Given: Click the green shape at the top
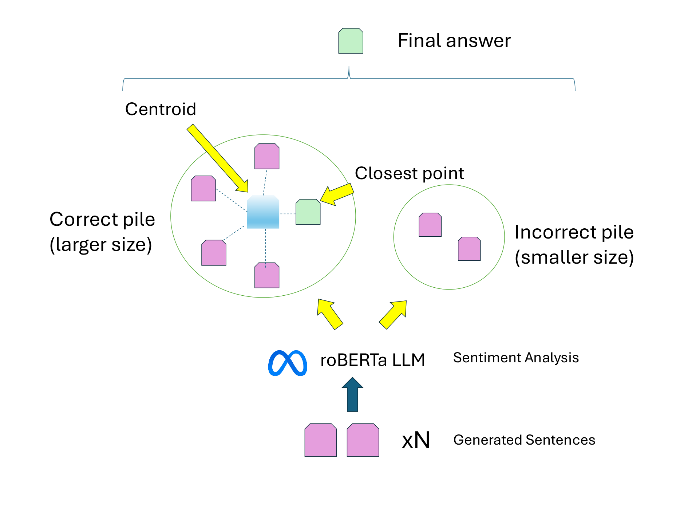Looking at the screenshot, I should [351, 41].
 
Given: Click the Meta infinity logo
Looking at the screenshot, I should [288, 363].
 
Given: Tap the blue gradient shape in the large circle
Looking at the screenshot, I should [263, 212].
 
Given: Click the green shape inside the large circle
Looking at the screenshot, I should [308, 212].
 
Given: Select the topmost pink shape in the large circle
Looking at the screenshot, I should [267, 157].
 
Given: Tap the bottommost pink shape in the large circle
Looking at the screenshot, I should [267, 276].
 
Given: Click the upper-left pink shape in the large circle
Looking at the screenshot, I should [203, 189].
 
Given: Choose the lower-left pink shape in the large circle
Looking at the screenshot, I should [214, 253].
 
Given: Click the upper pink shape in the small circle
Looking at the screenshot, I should [430, 225].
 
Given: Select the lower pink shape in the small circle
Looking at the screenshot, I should [469, 249].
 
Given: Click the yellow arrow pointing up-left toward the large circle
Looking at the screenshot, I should [329, 314].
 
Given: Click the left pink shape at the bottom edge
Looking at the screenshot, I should [320, 440].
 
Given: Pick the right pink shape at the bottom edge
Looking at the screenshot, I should [363, 440].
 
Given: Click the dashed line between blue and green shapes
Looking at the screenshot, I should [288, 214].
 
